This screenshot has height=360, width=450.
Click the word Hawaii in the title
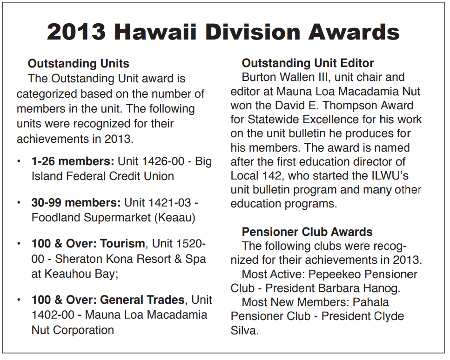(155, 32)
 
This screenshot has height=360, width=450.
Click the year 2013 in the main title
(76, 32)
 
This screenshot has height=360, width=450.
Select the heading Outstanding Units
(78, 64)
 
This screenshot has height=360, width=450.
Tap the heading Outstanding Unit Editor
(308, 63)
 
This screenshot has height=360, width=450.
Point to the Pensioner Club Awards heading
(307, 232)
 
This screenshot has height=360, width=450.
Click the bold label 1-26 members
(73, 161)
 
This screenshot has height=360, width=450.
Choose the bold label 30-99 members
(76, 203)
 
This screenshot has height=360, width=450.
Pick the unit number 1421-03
(169, 203)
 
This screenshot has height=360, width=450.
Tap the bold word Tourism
(122, 244)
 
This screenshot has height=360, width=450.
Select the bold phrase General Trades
(142, 300)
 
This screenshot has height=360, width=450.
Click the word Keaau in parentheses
(175, 218)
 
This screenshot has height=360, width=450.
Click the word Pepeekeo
(334, 274)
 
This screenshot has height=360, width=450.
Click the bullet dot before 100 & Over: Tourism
(19, 244)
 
